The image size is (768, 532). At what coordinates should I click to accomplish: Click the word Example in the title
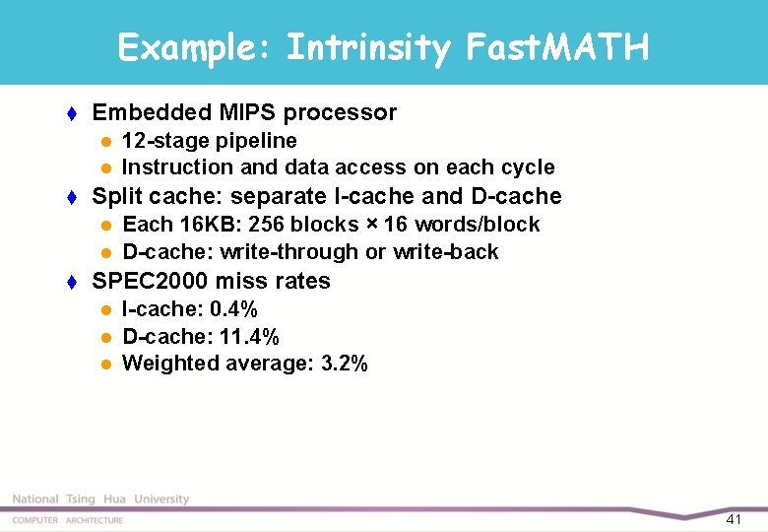click(187, 46)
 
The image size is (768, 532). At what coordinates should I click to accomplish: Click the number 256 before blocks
click(262, 225)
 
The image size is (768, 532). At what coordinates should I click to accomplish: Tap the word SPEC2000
click(149, 281)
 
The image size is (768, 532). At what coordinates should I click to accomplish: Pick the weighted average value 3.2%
click(345, 364)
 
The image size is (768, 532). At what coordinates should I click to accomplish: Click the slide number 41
click(734, 519)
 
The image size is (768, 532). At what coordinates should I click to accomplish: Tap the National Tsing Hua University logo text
click(100, 499)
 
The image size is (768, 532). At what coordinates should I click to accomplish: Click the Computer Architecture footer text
click(67, 520)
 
